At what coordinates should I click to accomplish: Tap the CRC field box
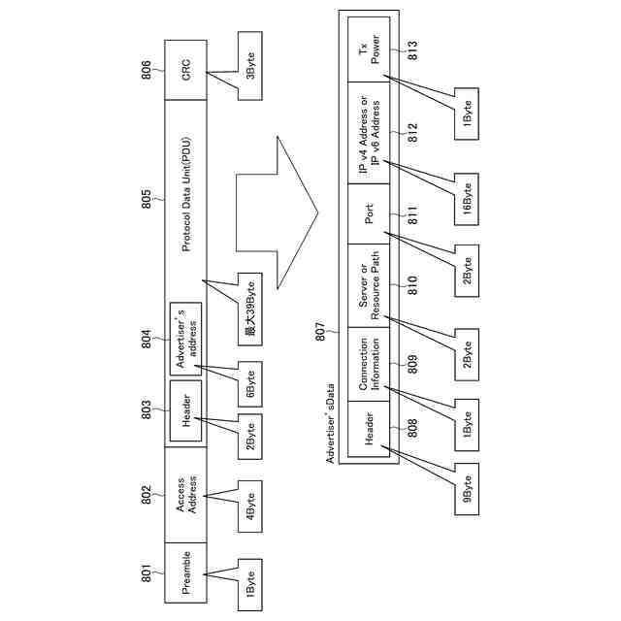pos(186,70)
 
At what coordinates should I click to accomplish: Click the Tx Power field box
pos(371,49)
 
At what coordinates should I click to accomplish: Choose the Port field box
pos(371,213)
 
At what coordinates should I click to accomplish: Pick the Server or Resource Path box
pos(371,284)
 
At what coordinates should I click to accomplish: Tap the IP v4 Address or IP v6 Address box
pos(371,136)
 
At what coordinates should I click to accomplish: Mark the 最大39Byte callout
pos(249,310)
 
